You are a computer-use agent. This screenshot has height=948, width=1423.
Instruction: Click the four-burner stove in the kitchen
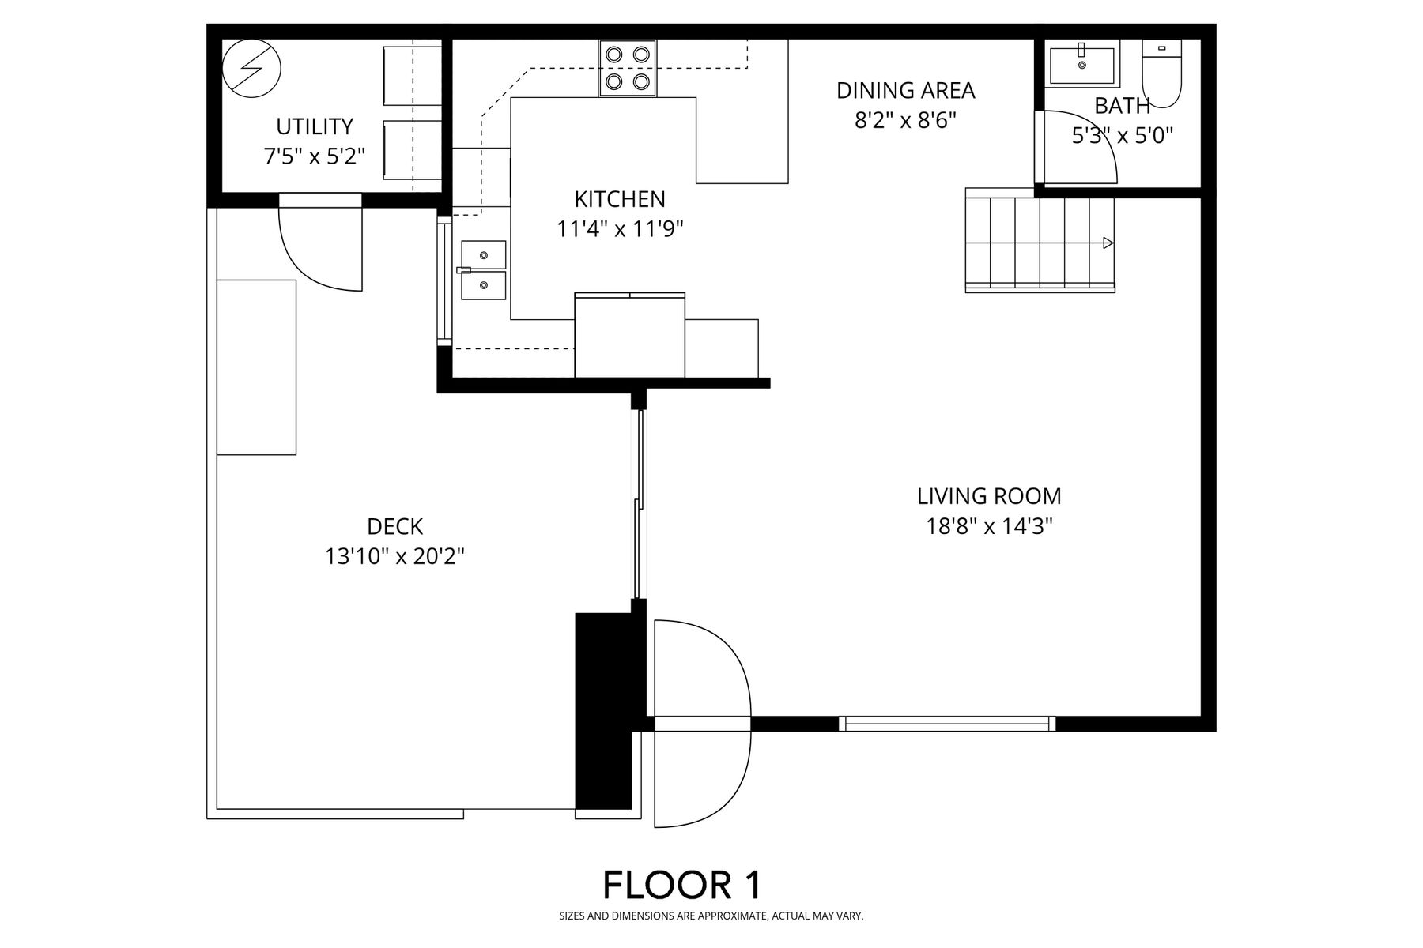click(628, 68)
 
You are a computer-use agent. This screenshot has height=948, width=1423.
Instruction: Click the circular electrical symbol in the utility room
click(251, 69)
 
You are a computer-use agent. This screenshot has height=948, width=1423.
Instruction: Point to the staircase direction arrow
click(1108, 243)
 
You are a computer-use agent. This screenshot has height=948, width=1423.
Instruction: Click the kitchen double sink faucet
click(464, 270)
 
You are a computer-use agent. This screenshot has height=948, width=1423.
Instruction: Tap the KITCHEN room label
click(620, 198)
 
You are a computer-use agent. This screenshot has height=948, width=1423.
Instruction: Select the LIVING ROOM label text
click(989, 496)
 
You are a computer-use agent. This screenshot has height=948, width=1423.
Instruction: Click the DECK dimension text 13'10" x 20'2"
click(394, 557)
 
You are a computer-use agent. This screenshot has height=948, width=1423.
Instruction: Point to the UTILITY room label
click(315, 126)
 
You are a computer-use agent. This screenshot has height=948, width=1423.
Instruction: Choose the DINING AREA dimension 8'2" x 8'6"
click(905, 120)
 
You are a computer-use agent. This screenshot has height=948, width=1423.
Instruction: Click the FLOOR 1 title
click(682, 885)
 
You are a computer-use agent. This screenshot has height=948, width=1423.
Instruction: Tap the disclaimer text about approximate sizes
click(711, 916)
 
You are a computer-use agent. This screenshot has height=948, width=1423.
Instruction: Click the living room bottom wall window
click(946, 723)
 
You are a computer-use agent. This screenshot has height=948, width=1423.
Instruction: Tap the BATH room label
click(1122, 105)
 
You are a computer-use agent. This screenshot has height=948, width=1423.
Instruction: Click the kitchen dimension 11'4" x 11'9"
click(620, 229)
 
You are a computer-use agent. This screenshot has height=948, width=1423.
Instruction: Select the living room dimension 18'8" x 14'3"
click(989, 526)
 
